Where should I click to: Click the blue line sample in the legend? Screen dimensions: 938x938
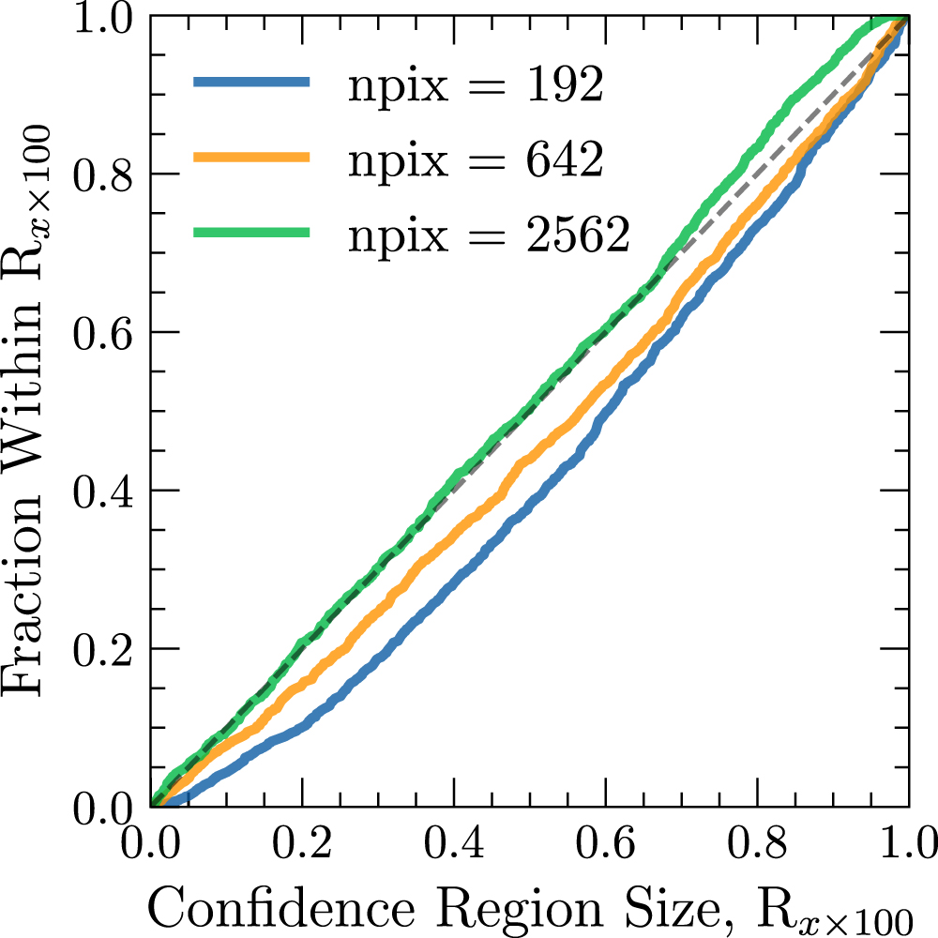click(x=251, y=83)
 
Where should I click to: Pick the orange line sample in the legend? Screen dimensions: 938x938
click(x=251, y=158)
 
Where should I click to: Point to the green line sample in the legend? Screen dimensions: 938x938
click(x=251, y=233)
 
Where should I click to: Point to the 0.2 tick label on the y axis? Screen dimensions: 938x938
click(x=105, y=649)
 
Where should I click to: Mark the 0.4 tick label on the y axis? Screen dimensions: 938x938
click(x=105, y=491)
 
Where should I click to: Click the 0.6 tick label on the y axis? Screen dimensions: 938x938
click(x=105, y=332)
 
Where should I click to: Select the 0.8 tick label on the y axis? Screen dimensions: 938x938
click(x=105, y=174)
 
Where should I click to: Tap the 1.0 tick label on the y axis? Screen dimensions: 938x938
click(x=105, y=19)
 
